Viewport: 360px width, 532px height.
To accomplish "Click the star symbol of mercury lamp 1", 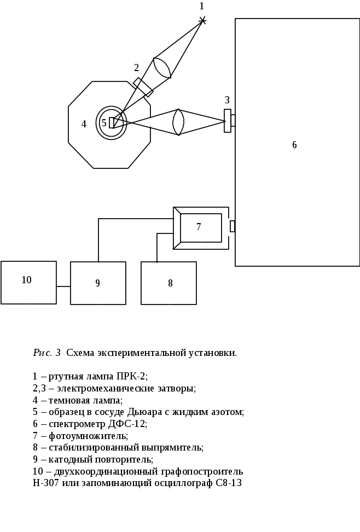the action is tap(203, 21).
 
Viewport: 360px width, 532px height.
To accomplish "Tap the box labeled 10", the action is tap(28, 282).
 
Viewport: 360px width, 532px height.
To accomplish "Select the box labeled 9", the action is tap(98, 283).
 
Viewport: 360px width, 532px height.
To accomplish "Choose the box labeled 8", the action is tap(169, 283).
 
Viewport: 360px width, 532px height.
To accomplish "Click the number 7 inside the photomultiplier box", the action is tap(199, 226).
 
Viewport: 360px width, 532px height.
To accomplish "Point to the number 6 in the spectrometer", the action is tap(294, 145).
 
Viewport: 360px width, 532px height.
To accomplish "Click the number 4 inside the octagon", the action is tap(84, 124).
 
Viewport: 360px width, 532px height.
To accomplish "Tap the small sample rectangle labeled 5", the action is tap(112, 122).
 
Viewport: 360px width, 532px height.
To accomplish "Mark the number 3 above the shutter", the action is tap(227, 100).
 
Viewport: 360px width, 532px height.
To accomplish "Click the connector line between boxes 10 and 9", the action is tap(63, 286).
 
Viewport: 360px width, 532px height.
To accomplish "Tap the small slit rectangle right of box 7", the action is tap(233, 226).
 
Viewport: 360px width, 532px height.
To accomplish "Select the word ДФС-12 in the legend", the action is tap(128, 424).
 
